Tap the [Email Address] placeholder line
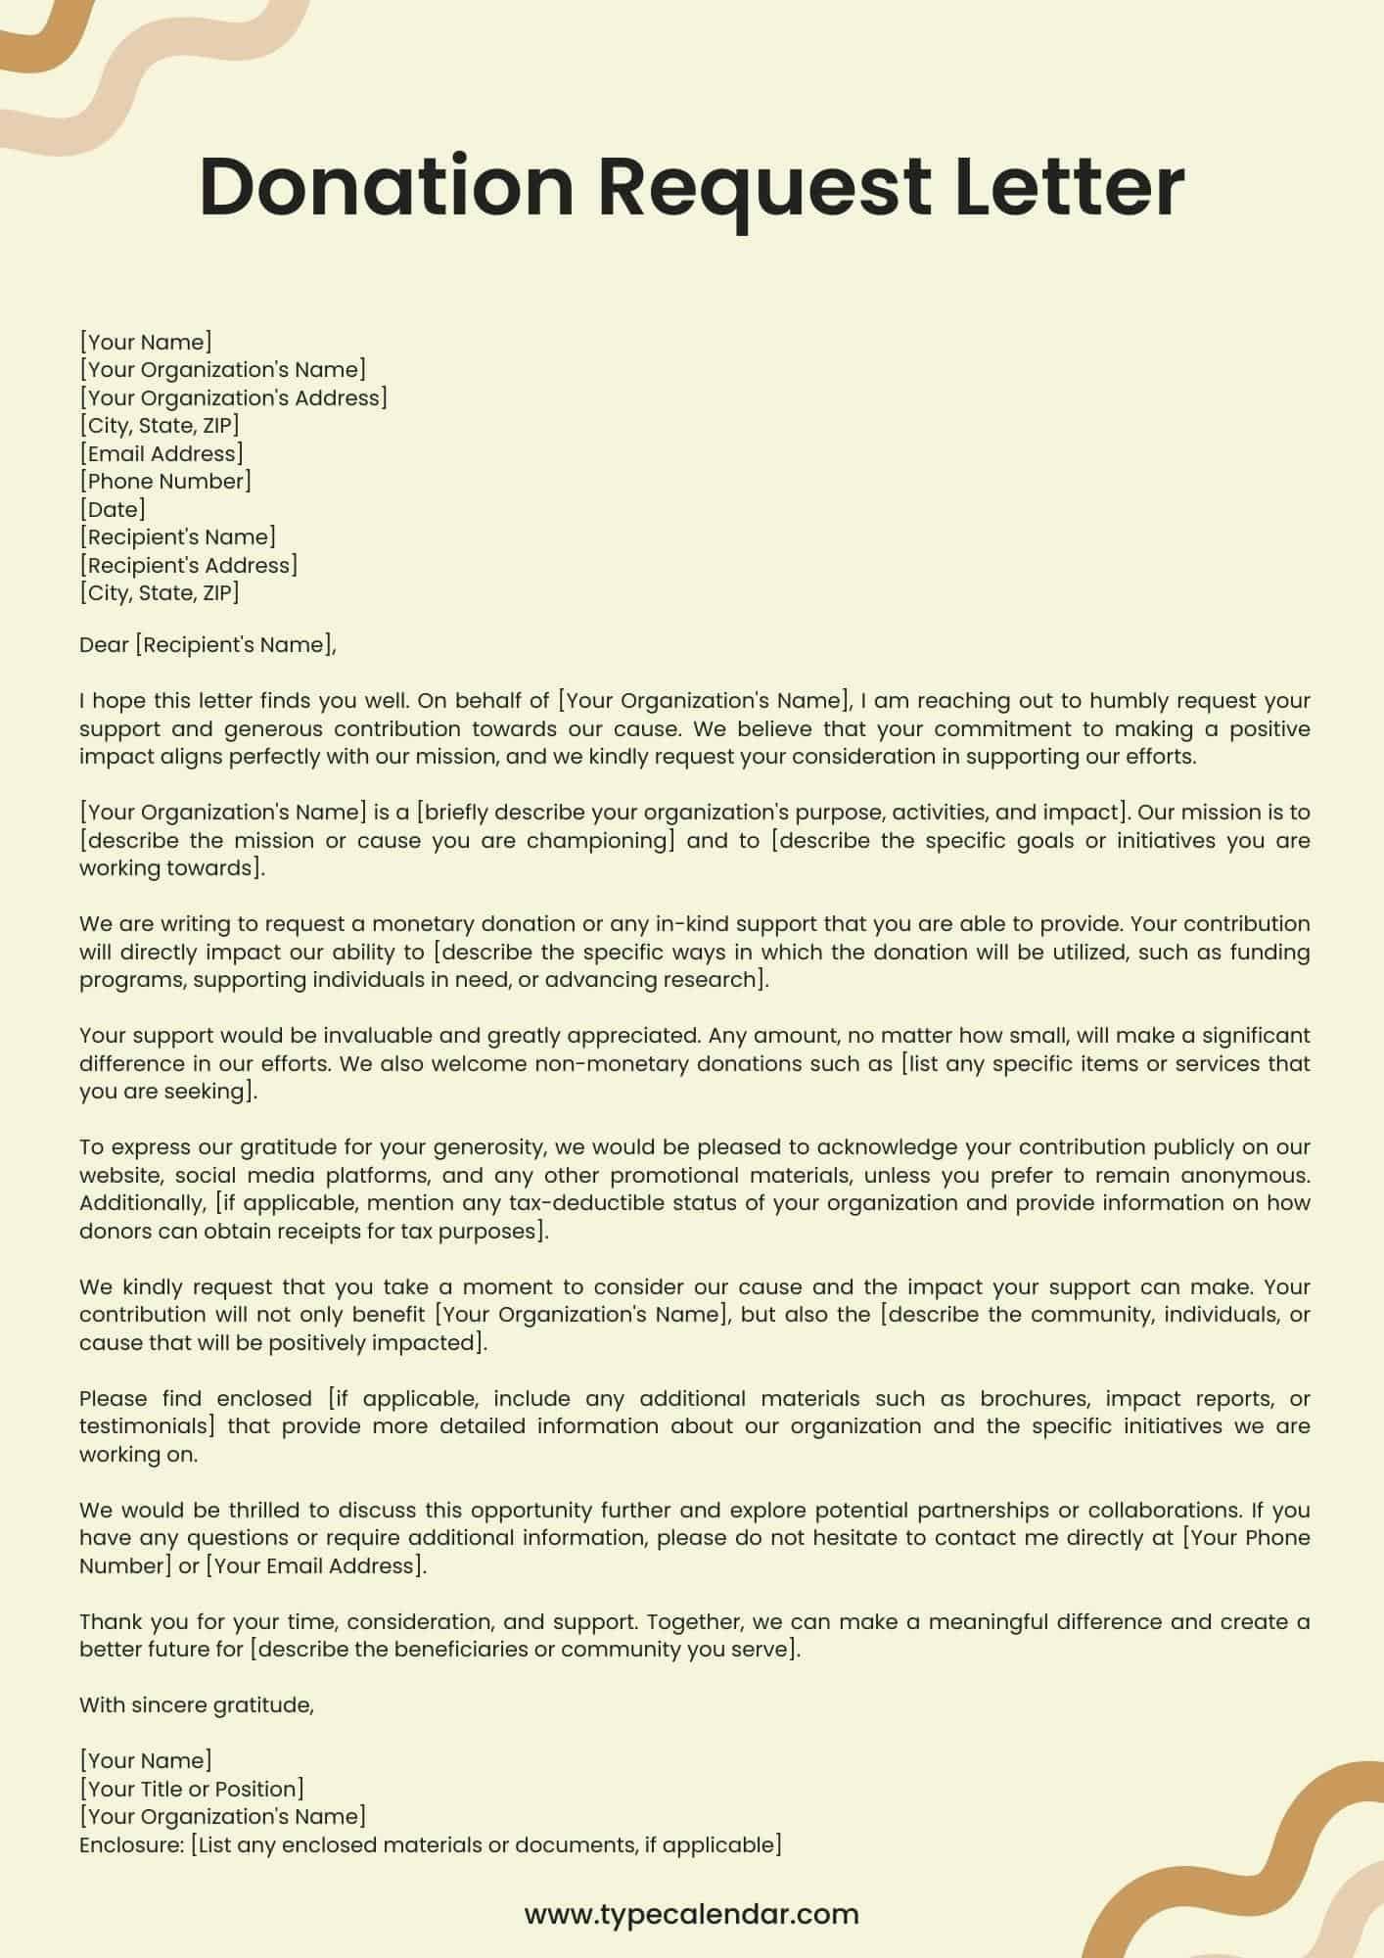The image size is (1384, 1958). tap(161, 453)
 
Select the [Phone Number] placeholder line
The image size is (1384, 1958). tap(165, 481)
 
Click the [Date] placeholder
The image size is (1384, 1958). tap(113, 509)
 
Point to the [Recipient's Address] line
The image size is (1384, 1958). tap(189, 565)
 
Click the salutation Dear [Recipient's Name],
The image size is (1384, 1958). tap(208, 644)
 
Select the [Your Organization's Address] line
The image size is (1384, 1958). tap(233, 397)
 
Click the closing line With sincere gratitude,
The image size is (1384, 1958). tap(197, 1704)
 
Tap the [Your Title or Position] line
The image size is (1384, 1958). tap(192, 1789)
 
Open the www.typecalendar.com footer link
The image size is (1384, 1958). tap(691, 1913)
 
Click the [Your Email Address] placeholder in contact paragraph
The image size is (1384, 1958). tap(315, 1565)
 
